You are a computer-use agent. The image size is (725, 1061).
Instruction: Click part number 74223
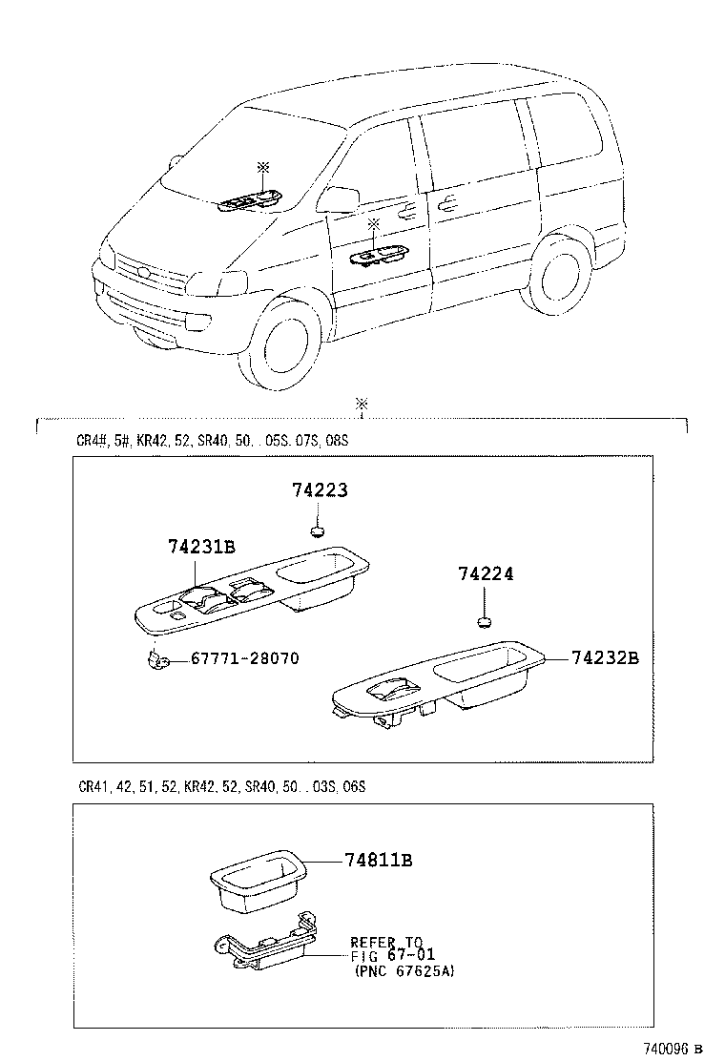pyautogui.click(x=320, y=491)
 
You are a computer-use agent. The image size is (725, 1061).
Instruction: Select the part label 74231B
pyautogui.click(x=201, y=547)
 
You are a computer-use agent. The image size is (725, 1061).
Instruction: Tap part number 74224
pyautogui.click(x=486, y=574)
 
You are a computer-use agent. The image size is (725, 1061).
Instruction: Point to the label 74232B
pyautogui.click(x=605, y=657)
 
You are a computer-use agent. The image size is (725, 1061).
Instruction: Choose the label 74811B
pyautogui.click(x=379, y=860)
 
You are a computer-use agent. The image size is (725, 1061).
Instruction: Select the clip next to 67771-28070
pyautogui.click(x=156, y=658)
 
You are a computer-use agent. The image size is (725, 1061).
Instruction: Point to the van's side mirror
pyautogui.click(x=339, y=199)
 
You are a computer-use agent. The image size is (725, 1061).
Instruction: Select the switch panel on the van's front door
pyautogui.click(x=383, y=256)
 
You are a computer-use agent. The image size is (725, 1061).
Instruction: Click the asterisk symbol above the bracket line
pyautogui.click(x=362, y=405)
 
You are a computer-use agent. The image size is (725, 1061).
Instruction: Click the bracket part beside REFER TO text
pyautogui.click(x=262, y=950)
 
